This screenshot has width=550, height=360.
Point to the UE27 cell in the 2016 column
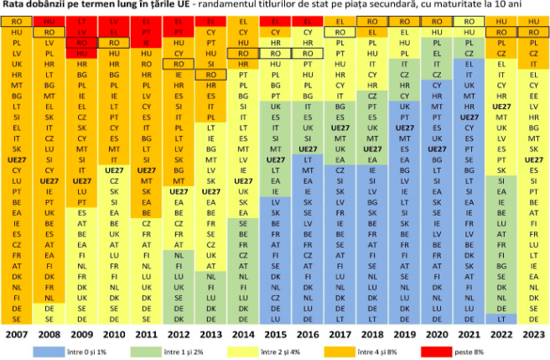click(307, 147)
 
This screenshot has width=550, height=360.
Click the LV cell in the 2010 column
click(112, 19)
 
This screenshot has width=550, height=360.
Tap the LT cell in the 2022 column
click(501, 318)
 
